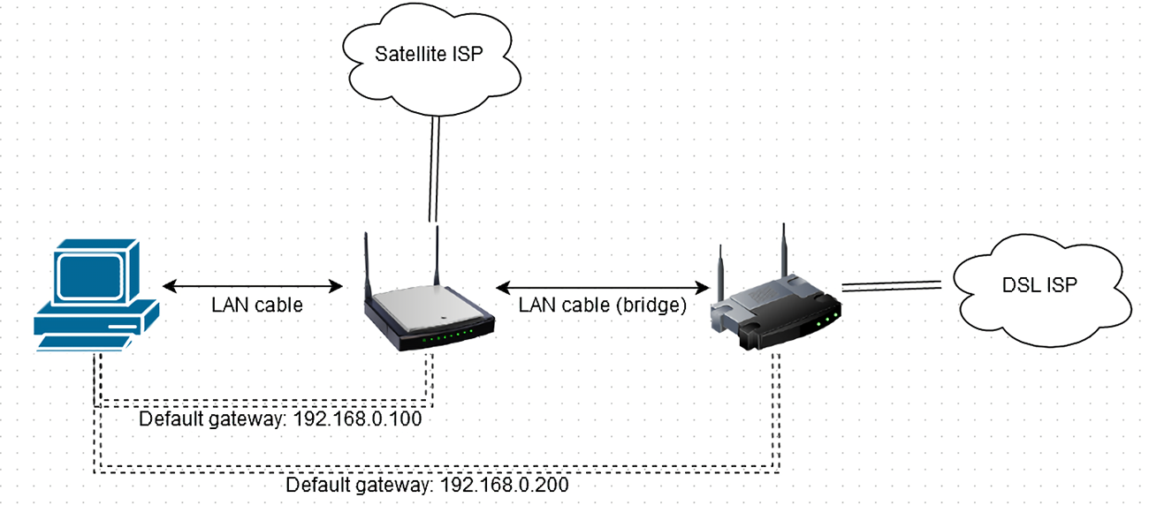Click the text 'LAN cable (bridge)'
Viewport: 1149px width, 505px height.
pos(602,306)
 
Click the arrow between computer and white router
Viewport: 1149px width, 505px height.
pos(255,286)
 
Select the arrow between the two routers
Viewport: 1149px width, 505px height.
pos(604,287)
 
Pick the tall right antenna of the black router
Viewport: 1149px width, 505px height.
pos(782,251)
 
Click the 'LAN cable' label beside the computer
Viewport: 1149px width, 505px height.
pos(257,306)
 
